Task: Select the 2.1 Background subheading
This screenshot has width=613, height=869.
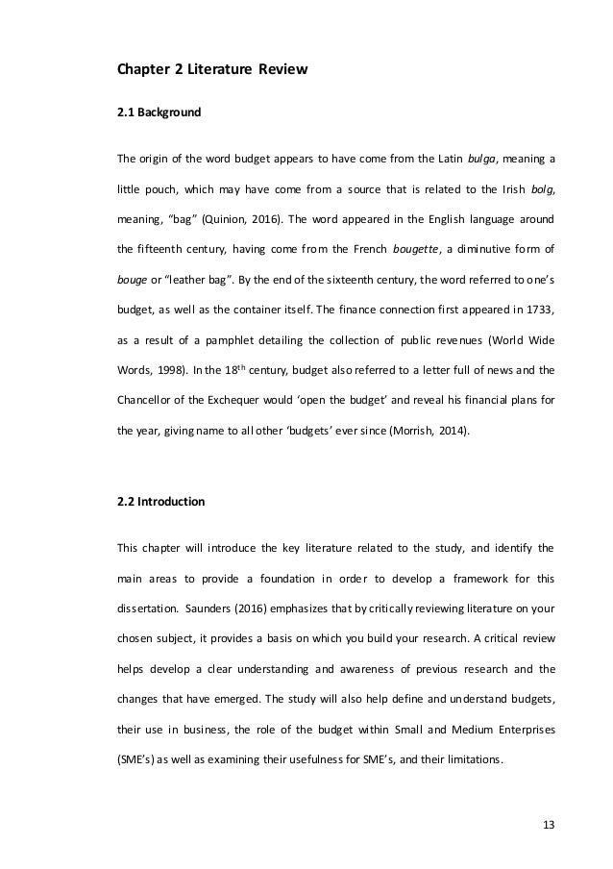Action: coord(159,112)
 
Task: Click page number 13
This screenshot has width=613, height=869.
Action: coord(548,825)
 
